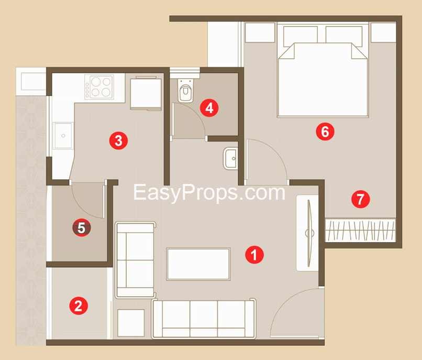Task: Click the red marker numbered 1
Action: (x=254, y=254)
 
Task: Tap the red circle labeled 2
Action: (x=79, y=306)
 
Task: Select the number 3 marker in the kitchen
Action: (x=118, y=140)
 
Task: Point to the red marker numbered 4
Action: (x=209, y=108)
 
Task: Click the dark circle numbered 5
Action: (x=81, y=228)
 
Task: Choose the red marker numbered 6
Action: (x=325, y=132)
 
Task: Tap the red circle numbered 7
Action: (x=361, y=199)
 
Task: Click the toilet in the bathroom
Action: (x=185, y=91)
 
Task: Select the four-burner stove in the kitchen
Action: (x=99, y=87)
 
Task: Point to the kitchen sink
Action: (x=63, y=136)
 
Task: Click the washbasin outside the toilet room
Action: (x=230, y=158)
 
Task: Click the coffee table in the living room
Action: (x=198, y=264)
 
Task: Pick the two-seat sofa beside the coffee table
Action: (x=135, y=259)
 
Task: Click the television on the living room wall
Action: (x=309, y=233)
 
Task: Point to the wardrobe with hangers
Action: (x=360, y=230)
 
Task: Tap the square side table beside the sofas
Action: (x=131, y=323)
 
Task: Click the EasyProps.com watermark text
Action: (x=209, y=192)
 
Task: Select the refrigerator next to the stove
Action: (x=146, y=93)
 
